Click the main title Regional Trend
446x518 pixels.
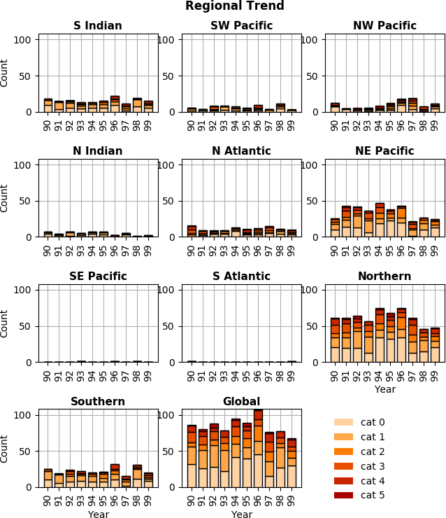(234, 6)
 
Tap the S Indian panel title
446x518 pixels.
(97, 27)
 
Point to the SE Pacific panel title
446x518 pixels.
(97, 277)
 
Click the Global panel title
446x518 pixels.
(241, 402)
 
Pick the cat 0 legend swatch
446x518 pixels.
(343, 422)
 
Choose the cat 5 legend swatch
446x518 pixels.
(343, 495)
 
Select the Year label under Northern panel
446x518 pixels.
(384, 390)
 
